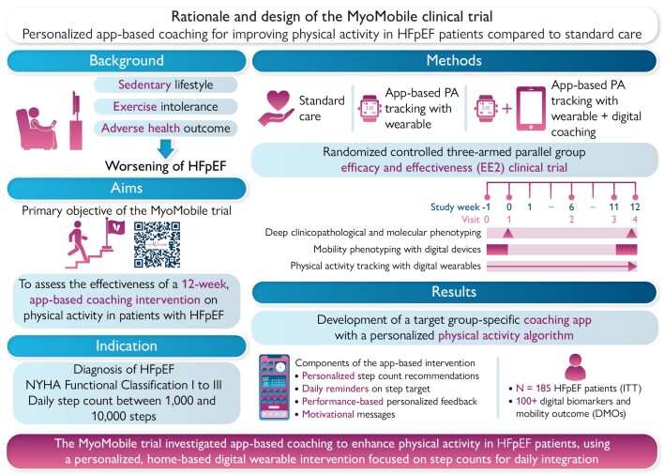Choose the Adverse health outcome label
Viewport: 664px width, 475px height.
coord(160,127)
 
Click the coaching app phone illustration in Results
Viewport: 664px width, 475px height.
coord(276,386)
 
